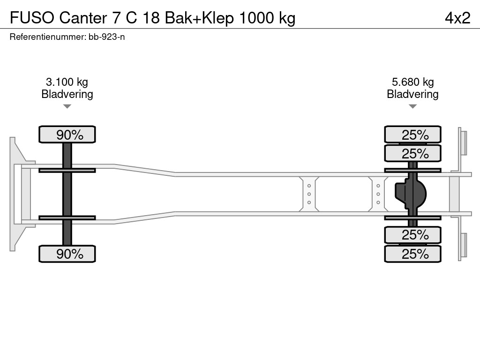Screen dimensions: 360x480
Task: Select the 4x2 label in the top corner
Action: [457, 18]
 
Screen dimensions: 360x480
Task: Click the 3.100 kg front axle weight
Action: [67, 82]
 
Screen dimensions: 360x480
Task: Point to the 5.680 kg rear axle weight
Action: [412, 82]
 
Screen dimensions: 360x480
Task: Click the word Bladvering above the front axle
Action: [67, 94]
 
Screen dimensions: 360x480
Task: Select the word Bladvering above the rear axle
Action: [412, 94]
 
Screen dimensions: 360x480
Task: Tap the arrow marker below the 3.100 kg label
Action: [67, 106]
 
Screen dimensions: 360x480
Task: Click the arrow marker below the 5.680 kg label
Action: [412, 106]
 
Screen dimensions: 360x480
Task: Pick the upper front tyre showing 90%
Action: [67, 135]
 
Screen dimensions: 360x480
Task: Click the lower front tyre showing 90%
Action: [67, 254]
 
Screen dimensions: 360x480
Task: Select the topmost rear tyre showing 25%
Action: [412, 135]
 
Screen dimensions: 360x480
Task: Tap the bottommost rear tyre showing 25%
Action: [412, 254]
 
